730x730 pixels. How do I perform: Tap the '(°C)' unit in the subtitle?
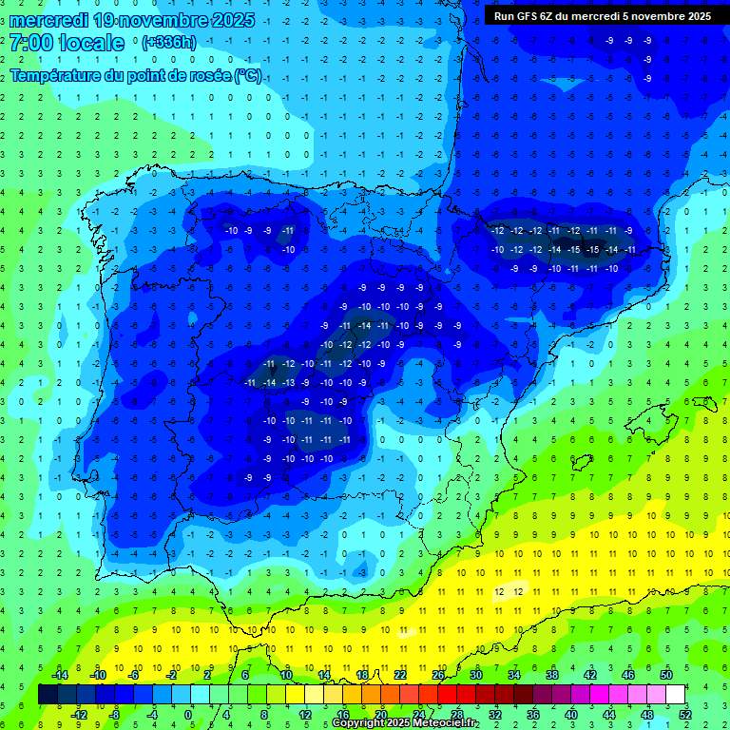pyautogui.click(x=248, y=75)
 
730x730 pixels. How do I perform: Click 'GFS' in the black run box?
pyautogui.click(x=530, y=16)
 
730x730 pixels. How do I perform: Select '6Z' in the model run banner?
pyautogui.click(x=554, y=16)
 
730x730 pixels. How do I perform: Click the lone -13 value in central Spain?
pyautogui.click(x=289, y=382)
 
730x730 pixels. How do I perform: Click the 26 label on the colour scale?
pyautogui.click(x=438, y=675)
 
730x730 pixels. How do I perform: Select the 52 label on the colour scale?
pyautogui.click(x=685, y=715)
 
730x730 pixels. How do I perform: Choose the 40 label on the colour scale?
pyautogui.click(x=571, y=715)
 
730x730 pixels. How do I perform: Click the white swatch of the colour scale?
pyautogui.click(x=676, y=695)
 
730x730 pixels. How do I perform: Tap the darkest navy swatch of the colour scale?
pyautogui.click(x=48, y=695)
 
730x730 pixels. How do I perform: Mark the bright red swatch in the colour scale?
pyautogui.click(x=448, y=695)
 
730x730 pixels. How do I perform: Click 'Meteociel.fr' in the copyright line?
pyautogui.click(x=440, y=723)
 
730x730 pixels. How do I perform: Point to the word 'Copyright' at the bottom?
pyautogui.click(x=360, y=723)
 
